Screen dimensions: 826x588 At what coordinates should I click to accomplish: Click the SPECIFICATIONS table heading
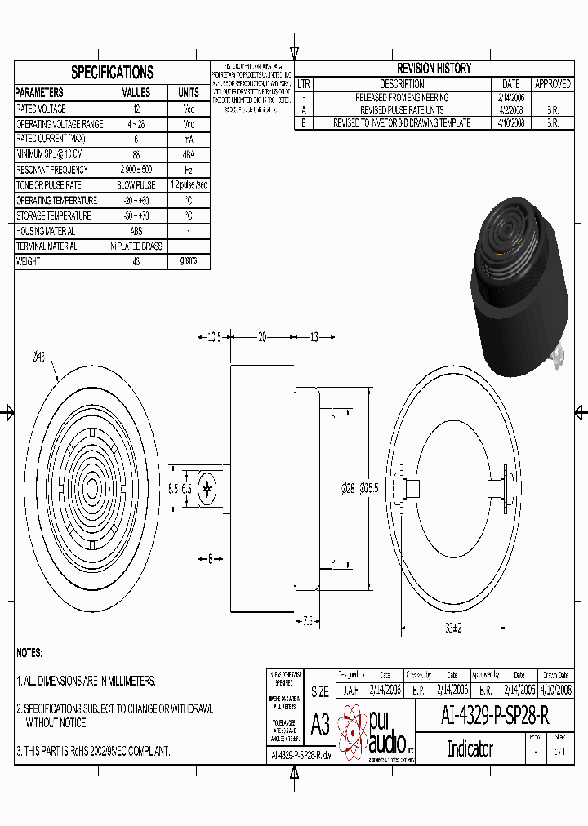[112, 72]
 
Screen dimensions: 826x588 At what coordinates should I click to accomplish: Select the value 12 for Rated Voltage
[136, 109]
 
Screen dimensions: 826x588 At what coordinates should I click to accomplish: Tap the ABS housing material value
[136, 231]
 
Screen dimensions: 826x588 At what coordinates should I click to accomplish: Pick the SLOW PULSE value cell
[136, 185]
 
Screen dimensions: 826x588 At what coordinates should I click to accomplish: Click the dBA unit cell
[188, 154]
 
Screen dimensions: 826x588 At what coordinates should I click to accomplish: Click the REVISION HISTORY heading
[434, 69]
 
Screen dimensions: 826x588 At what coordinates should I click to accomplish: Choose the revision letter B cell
[303, 123]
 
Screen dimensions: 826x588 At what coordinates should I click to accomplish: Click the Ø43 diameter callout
[38, 357]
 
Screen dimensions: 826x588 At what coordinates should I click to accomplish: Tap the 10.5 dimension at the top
[214, 336]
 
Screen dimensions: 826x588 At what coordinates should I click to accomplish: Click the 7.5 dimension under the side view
[307, 621]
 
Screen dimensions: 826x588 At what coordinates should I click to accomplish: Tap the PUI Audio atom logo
[353, 731]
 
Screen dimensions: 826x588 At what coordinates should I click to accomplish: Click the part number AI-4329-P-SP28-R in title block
[495, 717]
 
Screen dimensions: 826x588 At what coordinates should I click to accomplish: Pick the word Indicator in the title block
[470, 748]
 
